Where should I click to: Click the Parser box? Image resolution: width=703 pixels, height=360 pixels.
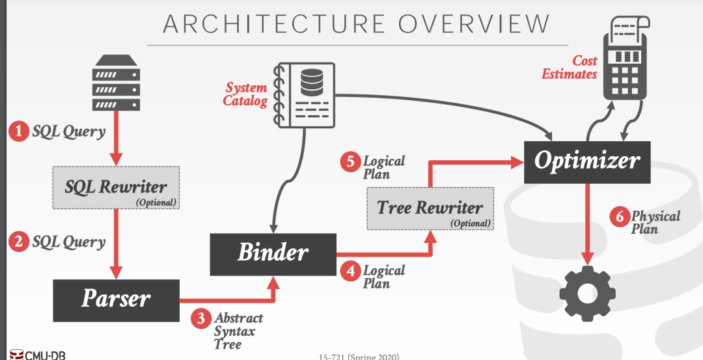pos(116,299)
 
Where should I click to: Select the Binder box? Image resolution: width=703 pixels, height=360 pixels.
pos(272,252)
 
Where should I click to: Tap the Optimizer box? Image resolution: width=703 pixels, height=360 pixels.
pos(587,161)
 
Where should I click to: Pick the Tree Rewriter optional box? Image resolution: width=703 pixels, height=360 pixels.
pos(430,209)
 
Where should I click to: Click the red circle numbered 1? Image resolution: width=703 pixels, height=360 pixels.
pos(18,132)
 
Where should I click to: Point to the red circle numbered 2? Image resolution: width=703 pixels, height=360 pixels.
pos(18,242)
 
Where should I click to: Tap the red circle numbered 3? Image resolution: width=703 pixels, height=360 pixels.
pos(201,318)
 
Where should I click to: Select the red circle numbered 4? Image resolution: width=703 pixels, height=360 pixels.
pos(350,271)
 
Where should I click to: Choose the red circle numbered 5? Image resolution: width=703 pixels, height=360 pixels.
pos(350,162)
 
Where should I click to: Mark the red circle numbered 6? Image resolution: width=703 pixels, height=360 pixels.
pos(619,217)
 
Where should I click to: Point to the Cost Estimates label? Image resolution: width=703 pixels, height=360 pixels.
pos(570,67)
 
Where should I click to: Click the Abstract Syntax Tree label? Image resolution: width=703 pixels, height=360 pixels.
pos(238,331)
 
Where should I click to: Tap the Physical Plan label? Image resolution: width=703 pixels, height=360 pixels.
pos(655,222)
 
